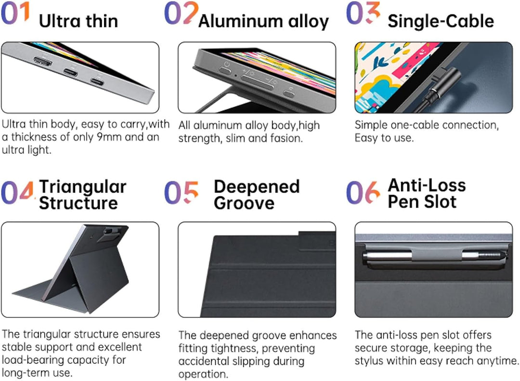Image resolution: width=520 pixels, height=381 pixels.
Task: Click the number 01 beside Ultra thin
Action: coord(15,13)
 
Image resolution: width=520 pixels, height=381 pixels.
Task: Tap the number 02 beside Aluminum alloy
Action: coord(181,13)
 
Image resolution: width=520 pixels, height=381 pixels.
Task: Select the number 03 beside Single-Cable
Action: coord(363,13)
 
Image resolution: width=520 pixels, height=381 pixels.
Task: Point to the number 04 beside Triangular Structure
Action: coord(18,193)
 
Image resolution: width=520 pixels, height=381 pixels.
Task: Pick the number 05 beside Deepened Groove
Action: coord(182,193)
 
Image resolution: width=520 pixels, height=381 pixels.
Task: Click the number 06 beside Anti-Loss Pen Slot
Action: coord(363,193)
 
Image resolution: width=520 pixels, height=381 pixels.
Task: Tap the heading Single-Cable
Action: coord(441,22)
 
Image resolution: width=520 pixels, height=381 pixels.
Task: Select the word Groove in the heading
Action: coord(244,203)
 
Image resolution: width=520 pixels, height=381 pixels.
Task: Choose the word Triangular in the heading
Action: coord(83,187)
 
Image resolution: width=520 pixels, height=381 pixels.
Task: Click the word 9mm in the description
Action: coord(109,137)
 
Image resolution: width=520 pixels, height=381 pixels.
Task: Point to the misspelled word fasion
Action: coord(286,138)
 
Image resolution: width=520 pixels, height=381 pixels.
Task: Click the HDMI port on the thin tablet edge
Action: coord(43,61)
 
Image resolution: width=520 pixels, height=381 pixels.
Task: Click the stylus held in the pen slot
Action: coord(434,256)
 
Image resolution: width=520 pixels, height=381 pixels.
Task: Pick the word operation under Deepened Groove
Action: coord(203,374)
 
